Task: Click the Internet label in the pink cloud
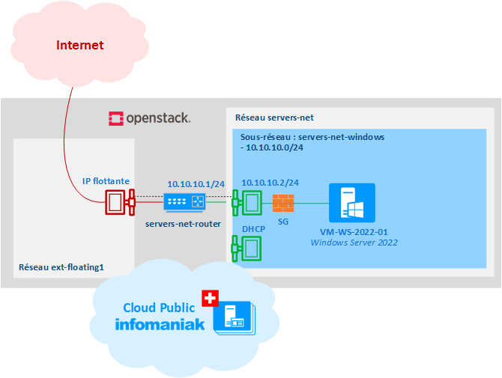pyautogui.click(x=79, y=46)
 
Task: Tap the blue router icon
pyautogui.click(x=184, y=201)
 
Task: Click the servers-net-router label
pyautogui.click(x=184, y=224)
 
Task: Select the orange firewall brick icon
pyautogui.click(x=283, y=202)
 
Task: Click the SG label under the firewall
pyautogui.click(x=283, y=222)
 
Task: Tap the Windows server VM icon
pyautogui.click(x=354, y=203)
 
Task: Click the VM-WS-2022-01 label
pyautogui.click(x=354, y=232)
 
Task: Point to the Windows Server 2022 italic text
pyautogui.click(x=354, y=243)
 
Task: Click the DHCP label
pyautogui.click(x=254, y=228)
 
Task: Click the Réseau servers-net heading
pyautogui.click(x=274, y=118)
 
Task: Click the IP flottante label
pyautogui.click(x=106, y=181)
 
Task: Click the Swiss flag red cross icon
pyautogui.click(x=208, y=298)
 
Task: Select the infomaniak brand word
pyautogui.click(x=160, y=324)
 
